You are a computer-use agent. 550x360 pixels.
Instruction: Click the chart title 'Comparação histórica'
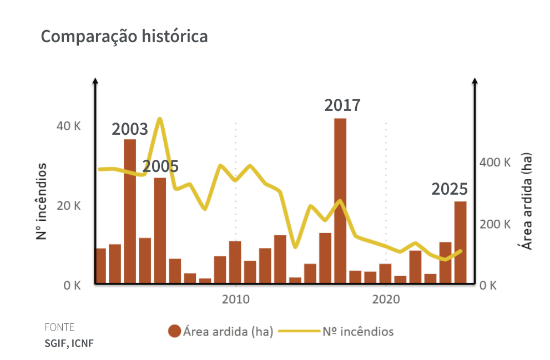(124, 37)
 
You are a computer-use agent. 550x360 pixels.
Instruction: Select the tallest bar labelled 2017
(340, 200)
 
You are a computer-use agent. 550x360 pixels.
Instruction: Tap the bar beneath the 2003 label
(130, 211)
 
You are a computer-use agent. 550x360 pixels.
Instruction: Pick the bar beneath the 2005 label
(160, 230)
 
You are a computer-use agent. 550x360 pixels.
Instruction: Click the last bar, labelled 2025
(460, 242)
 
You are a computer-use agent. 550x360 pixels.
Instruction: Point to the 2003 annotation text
(130, 129)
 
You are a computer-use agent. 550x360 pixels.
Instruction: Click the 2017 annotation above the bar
(342, 105)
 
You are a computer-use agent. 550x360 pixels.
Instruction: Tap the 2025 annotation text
(450, 189)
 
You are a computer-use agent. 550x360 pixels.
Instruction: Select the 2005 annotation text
(160, 166)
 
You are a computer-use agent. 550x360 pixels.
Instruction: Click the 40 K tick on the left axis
(69, 126)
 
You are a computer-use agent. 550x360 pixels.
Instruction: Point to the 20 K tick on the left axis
(69, 206)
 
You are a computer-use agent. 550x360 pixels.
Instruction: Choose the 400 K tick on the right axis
(495, 163)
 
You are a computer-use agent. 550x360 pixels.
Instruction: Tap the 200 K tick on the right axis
(495, 224)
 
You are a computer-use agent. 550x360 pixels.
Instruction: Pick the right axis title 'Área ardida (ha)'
(527, 201)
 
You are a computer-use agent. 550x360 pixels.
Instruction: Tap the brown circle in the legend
(174, 332)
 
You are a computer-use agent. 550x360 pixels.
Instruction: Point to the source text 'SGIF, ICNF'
(69, 343)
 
